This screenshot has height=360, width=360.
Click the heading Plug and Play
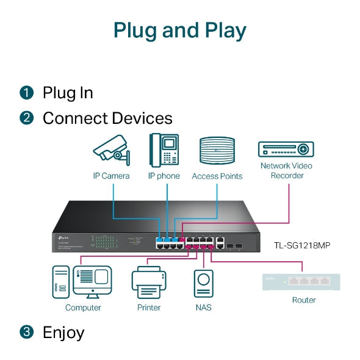[x=180, y=30]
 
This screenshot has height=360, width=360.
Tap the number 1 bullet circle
[x=26, y=93]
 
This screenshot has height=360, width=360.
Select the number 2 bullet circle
[x=26, y=118]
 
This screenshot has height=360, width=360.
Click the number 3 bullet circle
[x=26, y=333]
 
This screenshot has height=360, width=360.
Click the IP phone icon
[x=164, y=150]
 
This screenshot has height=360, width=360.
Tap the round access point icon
[x=217, y=151]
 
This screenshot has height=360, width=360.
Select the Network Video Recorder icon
[x=286, y=149]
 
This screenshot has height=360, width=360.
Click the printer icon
[x=148, y=284]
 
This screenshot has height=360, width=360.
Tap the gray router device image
[x=301, y=282]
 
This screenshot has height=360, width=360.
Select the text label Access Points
[x=217, y=176]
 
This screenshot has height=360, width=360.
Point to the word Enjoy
[x=63, y=333]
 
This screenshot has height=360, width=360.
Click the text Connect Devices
[x=107, y=118]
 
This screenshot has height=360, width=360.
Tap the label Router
[x=304, y=300]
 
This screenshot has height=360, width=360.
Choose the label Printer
[x=148, y=308]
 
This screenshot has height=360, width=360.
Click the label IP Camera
[x=111, y=176]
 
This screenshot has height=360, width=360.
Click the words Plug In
[x=68, y=93]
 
